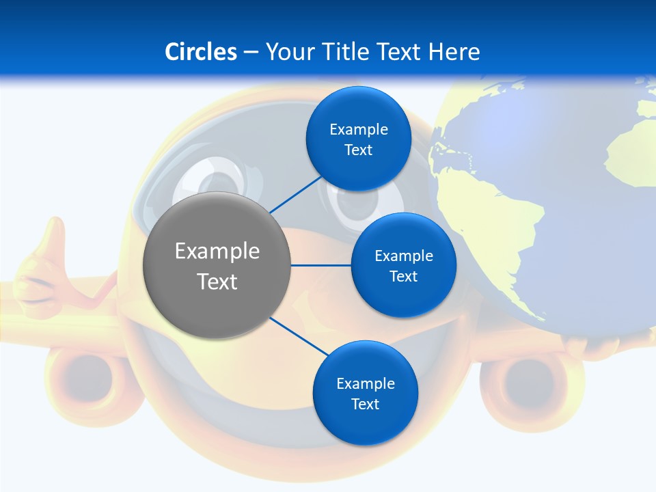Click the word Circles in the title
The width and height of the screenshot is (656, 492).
[201, 52]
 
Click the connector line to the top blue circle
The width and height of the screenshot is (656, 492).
[295, 194]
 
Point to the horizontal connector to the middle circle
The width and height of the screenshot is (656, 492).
[321, 265]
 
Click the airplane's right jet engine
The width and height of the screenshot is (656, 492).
[525, 383]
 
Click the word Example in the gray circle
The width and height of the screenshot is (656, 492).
[217, 251]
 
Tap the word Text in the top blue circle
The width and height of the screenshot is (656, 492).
[358, 150]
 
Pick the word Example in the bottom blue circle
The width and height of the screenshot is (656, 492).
[365, 384]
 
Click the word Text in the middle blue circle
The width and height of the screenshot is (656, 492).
[403, 277]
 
